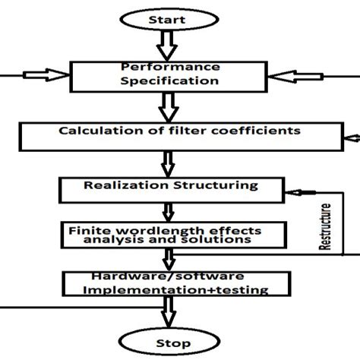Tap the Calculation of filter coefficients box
coord(180,135)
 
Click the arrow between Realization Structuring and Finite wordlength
coord(166,210)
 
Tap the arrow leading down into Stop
coord(166,310)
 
